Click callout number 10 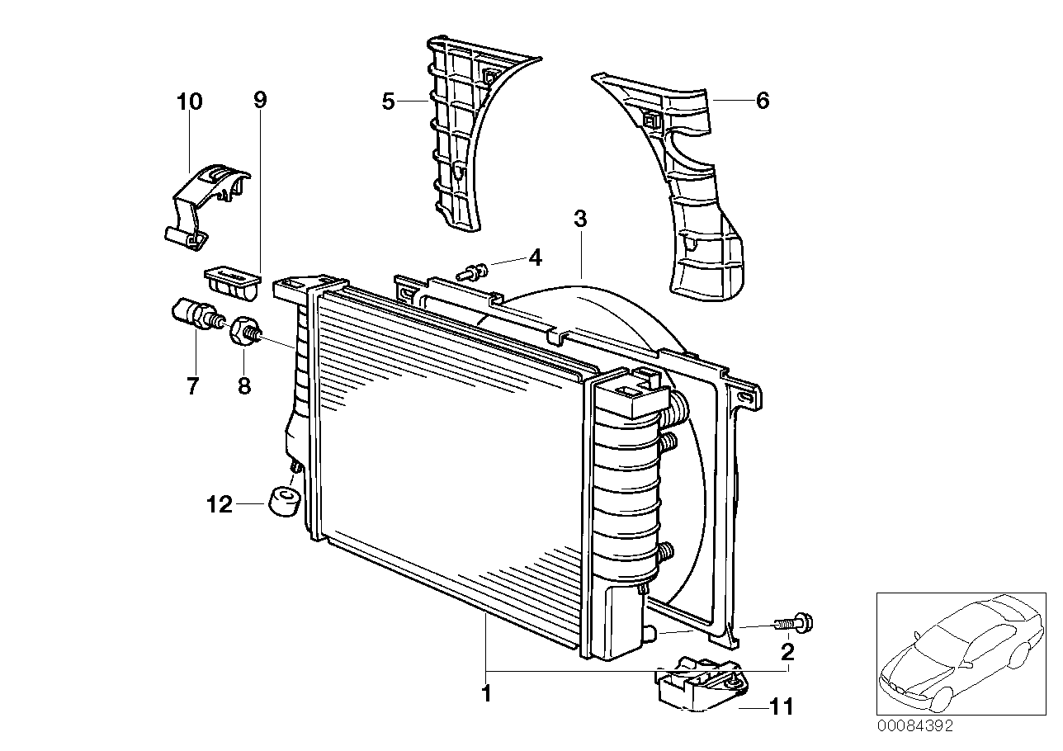pyautogui.click(x=189, y=102)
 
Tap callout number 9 pyautogui.click(x=260, y=100)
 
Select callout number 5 pyautogui.click(x=388, y=102)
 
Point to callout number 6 pyautogui.click(x=762, y=101)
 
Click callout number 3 pyautogui.click(x=580, y=219)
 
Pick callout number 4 pyautogui.click(x=535, y=257)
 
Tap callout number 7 pyautogui.click(x=192, y=385)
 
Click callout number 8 pyautogui.click(x=244, y=385)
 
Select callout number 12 pyautogui.click(x=220, y=504)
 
